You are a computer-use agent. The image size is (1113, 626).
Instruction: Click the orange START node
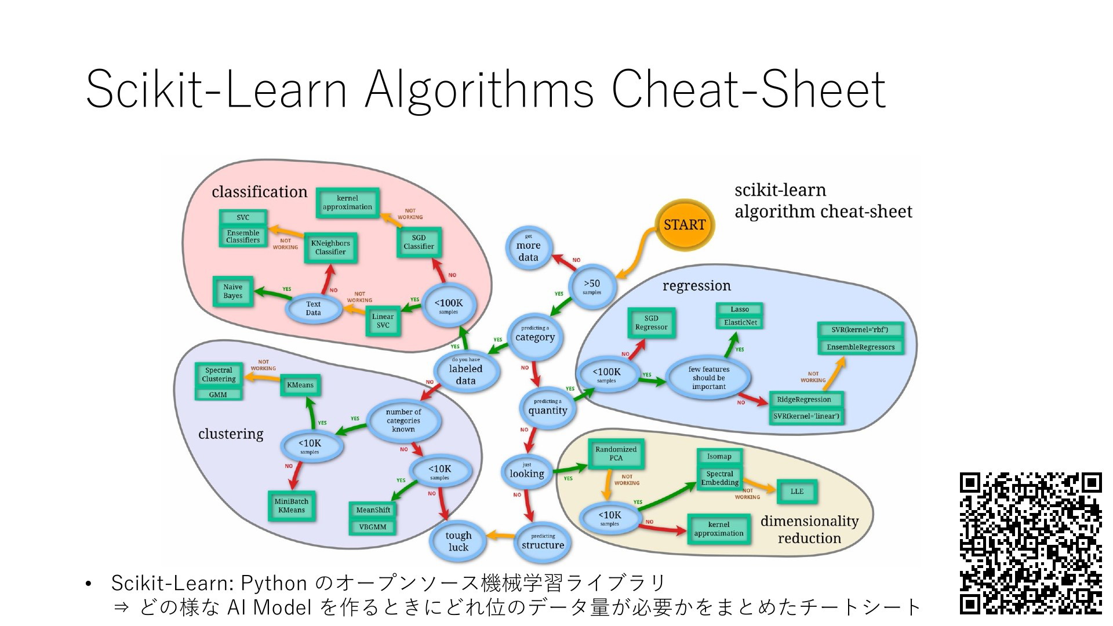(x=685, y=225)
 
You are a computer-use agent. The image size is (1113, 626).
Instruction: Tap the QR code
(x=1030, y=543)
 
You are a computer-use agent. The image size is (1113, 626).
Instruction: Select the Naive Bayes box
(x=233, y=292)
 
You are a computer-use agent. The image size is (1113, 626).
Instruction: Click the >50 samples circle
(x=592, y=286)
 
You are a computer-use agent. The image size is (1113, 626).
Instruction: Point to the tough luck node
(x=459, y=541)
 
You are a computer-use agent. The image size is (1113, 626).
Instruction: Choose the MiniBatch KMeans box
(x=292, y=505)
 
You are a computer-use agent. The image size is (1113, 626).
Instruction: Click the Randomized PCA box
(x=616, y=454)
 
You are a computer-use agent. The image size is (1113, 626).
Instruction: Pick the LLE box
(x=797, y=492)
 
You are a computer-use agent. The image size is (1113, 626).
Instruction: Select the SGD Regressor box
(x=651, y=323)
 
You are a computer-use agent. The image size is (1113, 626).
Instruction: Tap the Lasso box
(x=740, y=310)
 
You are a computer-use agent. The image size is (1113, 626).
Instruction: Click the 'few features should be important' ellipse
(x=708, y=378)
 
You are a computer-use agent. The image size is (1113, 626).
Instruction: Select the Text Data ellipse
(x=313, y=308)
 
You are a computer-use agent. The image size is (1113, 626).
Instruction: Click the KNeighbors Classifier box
(x=330, y=248)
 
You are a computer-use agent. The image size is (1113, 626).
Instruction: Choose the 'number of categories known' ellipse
(x=403, y=420)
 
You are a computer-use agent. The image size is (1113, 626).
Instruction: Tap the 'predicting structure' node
(x=543, y=542)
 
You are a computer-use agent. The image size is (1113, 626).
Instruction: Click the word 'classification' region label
(x=259, y=192)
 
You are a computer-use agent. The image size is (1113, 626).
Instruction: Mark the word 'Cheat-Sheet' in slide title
(x=748, y=90)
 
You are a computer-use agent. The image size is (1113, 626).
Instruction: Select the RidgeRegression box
(x=804, y=400)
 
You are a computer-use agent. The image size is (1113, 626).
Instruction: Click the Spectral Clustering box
(x=219, y=374)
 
